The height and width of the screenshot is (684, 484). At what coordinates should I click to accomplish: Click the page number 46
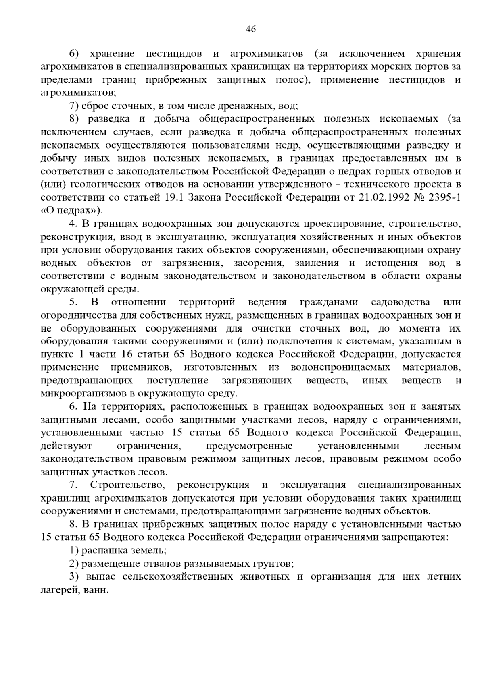tap(250, 29)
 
